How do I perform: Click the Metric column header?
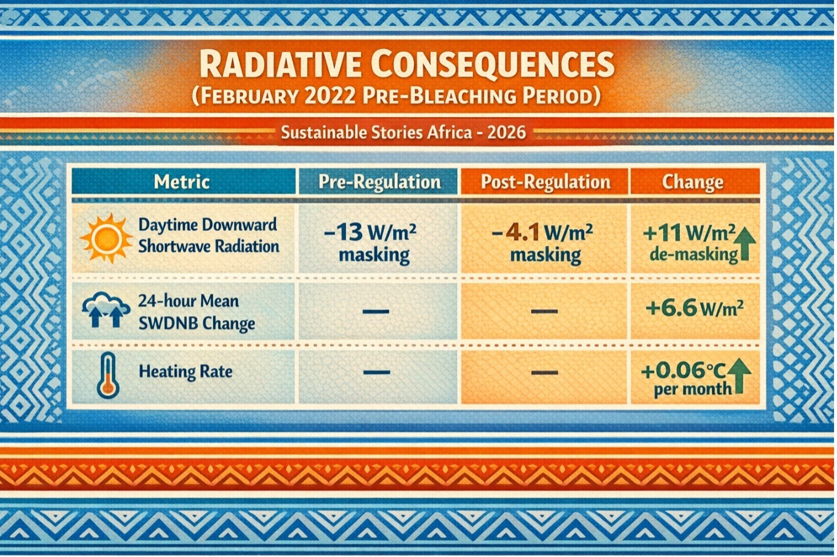[x=181, y=182]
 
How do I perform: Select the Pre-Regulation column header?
[x=380, y=182]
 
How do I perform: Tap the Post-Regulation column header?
[x=546, y=182]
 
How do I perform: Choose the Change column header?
[x=693, y=182]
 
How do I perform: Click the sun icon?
[x=106, y=238]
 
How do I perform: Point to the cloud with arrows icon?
[x=106, y=311]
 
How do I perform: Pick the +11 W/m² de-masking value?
[x=690, y=243]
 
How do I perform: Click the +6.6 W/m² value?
[x=694, y=309]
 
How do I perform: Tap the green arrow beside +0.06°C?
[x=739, y=376]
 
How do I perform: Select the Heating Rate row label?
[x=186, y=372]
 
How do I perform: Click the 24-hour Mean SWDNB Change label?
[x=197, y=312]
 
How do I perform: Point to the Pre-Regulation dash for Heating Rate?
[x=376, y=372]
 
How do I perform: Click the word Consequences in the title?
[x=493, y=64]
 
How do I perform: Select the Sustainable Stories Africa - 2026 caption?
[x=403, y=132]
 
